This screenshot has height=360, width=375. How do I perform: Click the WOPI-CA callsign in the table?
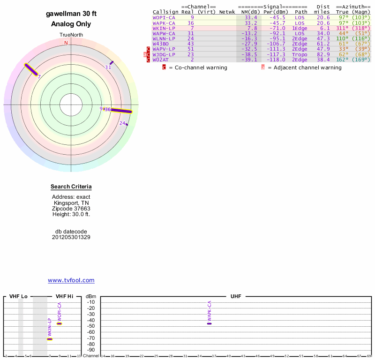pyautogui.click(x=164, y=17)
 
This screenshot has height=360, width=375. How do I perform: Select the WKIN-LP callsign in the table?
pyautogui.click(x=164, y=28)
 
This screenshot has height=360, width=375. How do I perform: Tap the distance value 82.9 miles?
pyautogui.click(x=323, y=54)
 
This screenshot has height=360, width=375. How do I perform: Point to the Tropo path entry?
pyautogui.click(x=300, y=54)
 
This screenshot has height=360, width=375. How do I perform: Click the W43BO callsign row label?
pyautogui.click(x=161, y=44)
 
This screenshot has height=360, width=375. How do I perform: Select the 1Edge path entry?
pyautogui.click(x=300, y=28)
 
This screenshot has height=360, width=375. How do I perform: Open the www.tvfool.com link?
pyautogui.click(x=71, y=280)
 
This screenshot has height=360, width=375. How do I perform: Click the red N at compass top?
pyautogui.click(x=66, y=43)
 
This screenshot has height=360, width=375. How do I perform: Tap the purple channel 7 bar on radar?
pyautogui.click(x=31, y=69)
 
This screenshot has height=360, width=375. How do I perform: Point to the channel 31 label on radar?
pyautogui.click(x=107, y=67)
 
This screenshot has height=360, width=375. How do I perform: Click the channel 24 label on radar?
pyautogui.click(x=122, y=123)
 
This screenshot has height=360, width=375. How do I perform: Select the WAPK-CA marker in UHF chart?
pyautogui.click(x=209, y=323)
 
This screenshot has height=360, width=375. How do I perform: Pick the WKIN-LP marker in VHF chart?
pyautogui.click(x=50, y=339)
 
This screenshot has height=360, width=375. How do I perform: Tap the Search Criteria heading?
pyautogui.click(x=71, y=187)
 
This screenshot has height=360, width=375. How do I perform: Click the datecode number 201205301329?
pyautogui.click(x=71, y=237)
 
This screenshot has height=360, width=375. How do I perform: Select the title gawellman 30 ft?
pyautogui.click(x=71, y=14)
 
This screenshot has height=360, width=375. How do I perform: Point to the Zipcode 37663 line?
pyautogui.click(x=71, y=208)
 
